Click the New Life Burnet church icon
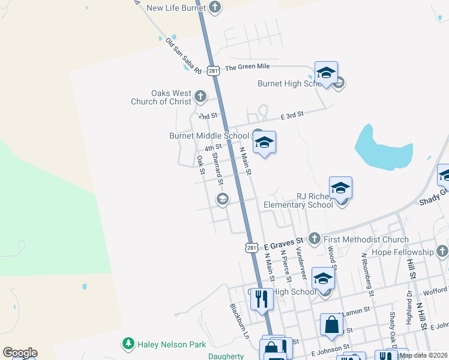pos(215,8)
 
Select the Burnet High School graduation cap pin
pos(326,73)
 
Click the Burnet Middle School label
pos(209,136)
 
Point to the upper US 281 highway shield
pos(214,70)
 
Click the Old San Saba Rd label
pos(183,56)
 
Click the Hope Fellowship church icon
pos(442,251)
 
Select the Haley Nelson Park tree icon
pos(128,344)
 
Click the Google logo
pos(20,353)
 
